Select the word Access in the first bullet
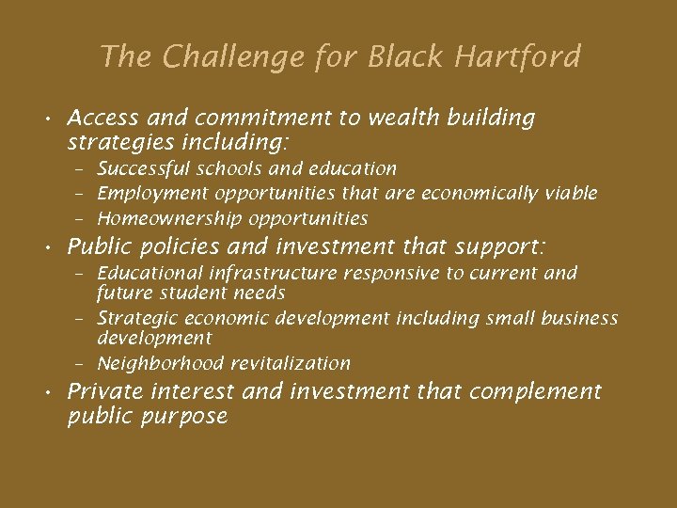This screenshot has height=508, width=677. [102, 119]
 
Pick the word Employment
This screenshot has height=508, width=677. [153, 194]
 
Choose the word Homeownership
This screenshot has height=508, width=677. [170, 219]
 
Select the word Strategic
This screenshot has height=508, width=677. [134, 319]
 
